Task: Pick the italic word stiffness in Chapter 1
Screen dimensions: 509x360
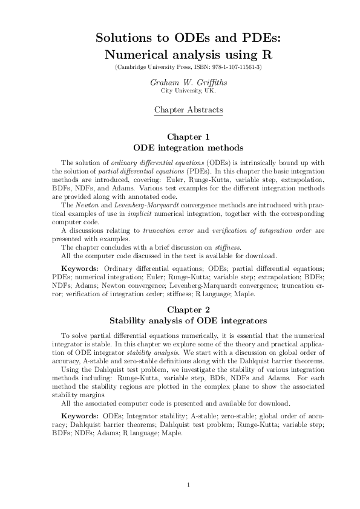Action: click(x=225, y=247)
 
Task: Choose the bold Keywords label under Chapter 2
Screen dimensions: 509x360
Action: click(x=80, y=416)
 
